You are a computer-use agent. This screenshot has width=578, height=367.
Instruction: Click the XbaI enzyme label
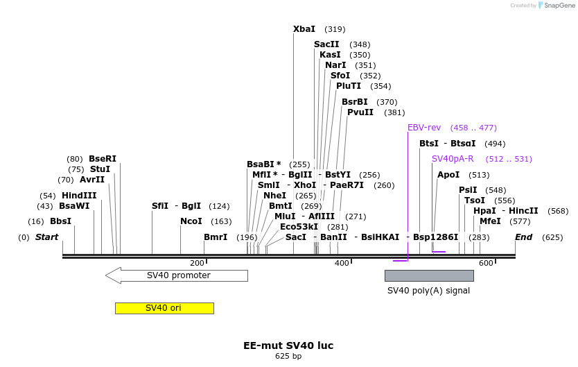[x=304, y=29]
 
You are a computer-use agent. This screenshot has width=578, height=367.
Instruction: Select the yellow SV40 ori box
[x=164, y=308]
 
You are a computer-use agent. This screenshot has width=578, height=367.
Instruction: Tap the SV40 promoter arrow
[x=177, y=275]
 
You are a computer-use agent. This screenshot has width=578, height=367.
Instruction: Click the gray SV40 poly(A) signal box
[x=429, y=275]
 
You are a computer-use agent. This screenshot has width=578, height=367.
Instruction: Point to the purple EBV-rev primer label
[x=424, y=128]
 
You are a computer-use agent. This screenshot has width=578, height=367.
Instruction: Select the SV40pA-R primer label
[x=453, y=159]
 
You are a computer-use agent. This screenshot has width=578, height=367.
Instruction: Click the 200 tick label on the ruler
[x=197, y=263]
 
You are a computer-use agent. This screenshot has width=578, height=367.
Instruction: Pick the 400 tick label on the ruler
[x=342, y=263]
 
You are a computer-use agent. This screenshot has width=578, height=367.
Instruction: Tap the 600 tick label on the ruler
[x=486, y=263]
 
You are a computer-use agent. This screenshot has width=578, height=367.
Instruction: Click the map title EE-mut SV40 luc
[x=288, y=345]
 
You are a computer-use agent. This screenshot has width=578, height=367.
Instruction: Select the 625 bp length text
[x=288, y=357]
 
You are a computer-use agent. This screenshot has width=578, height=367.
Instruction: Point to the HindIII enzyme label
[x=79, y=196]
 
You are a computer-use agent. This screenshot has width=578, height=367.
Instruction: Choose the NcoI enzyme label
[x=191, y=221]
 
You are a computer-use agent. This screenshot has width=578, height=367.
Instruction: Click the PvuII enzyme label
[x=360, y=112]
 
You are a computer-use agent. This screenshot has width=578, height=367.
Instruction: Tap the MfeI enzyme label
[x=490, y=221]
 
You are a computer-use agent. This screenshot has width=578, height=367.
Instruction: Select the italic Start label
[x=46, y=237]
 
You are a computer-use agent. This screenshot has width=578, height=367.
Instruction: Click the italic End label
[x=523, y=237]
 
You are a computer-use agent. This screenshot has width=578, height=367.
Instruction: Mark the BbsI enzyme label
[x=60, y=221]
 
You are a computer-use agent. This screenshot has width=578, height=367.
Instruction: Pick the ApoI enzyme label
[x=448, y=175]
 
